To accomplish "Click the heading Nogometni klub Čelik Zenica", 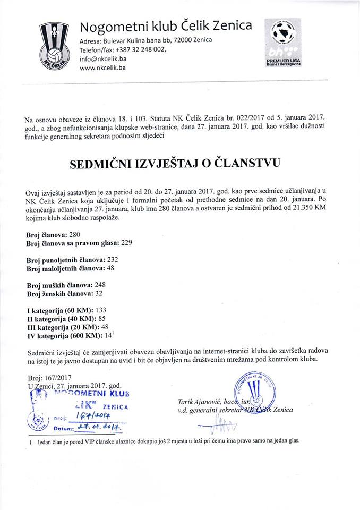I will (166, 27).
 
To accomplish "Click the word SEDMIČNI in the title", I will (104, 165).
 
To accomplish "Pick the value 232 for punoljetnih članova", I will (113, 259).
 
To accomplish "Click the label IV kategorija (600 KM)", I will (63, 336).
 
